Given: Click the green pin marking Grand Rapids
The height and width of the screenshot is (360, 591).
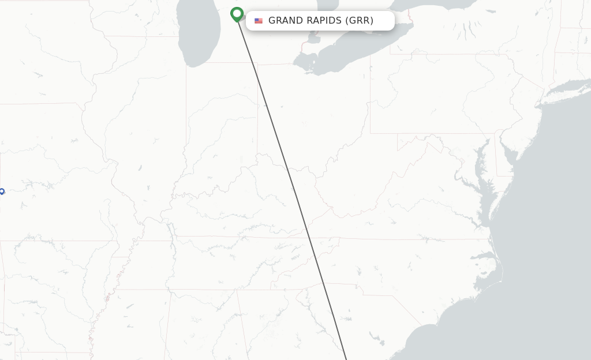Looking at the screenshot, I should [x=237, y=13].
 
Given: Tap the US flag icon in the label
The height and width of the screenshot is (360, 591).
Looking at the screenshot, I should [x=259, y=21].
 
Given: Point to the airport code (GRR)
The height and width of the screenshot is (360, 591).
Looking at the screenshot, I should [x=359, y=21].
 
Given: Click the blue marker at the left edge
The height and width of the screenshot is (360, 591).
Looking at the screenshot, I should [x=2, y=192].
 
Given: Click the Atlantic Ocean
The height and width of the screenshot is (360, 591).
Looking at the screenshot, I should [x=548, y=231].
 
